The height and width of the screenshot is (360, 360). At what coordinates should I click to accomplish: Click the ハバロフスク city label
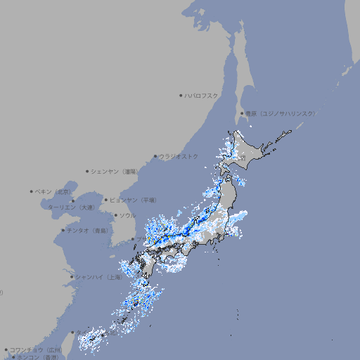(x=202, y=96)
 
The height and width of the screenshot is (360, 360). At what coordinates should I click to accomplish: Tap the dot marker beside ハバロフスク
(x=181, y=96)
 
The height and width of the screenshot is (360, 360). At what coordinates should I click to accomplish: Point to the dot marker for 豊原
(x=243, y=113)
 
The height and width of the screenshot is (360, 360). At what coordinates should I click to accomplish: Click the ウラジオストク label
(x=179, y=156)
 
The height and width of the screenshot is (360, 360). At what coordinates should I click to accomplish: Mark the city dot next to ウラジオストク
(x=155, y=156)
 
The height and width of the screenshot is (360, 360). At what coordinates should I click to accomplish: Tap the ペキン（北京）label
(x=53, y=191)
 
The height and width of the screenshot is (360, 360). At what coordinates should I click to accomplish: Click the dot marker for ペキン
(x=32, y=191)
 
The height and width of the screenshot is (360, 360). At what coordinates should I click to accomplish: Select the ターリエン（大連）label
(x=71, y=207)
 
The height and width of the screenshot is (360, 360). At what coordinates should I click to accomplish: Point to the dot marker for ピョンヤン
(x=107, y=200)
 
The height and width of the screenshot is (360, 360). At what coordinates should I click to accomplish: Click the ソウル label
(x=127, y=215)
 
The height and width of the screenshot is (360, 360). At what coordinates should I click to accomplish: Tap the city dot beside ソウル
(x=115, y=215)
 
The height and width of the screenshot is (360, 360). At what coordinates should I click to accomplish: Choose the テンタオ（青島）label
(x=87, y=230)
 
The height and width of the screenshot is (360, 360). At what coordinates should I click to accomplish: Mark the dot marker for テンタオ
(x=63, y=230)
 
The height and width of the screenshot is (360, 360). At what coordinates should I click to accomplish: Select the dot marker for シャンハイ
(x=72, y=277)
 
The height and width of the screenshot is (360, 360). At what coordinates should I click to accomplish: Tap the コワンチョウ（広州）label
(x=36, y=349)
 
